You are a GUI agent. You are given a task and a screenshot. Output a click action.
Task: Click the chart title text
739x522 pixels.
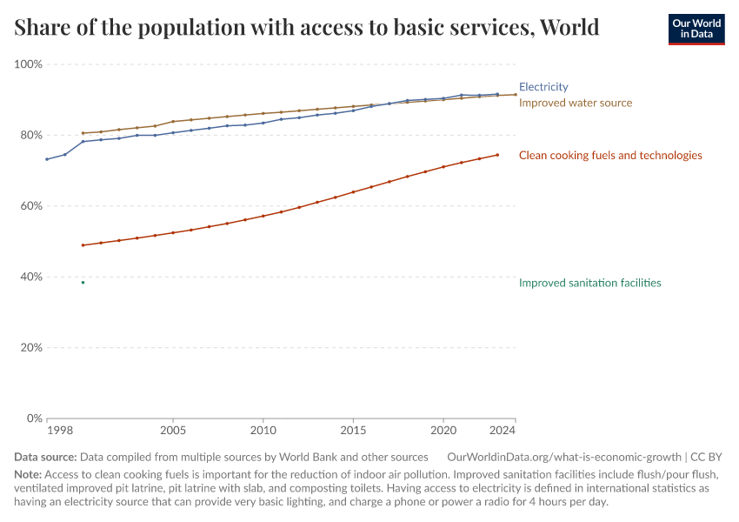tap(307, 28)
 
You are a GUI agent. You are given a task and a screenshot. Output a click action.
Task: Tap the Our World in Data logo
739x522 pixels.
tap(696, 29)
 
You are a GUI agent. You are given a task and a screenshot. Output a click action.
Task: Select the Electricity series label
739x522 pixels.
tap(543, 87)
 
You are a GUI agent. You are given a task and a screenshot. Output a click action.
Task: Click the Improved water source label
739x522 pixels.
tap(576, 103)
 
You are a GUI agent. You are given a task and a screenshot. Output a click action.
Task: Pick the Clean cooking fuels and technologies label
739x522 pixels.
tap(610, 156)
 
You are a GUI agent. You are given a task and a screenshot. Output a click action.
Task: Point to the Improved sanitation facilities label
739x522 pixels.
tap(589, 283)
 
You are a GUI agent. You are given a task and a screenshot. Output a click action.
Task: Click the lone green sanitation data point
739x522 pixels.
tap(83, 283)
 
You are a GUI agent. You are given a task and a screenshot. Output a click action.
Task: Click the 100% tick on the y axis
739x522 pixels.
tap(29, 64)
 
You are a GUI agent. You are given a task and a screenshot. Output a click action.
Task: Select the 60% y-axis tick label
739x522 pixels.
tap(31, 206)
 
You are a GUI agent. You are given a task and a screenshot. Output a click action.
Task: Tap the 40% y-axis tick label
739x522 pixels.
tap(31, 277)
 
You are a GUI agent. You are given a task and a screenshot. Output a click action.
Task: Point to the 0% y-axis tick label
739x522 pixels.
tap(35, 418)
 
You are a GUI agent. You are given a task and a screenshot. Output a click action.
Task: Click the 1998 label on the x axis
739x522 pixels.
tap(59, 431)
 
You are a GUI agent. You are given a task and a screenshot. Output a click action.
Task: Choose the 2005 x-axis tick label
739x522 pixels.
tap(173, 431)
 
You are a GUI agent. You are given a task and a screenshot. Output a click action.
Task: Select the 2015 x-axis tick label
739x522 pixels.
tap(353, 431)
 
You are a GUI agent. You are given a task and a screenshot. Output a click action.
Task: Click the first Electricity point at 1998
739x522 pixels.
tap(47, 159)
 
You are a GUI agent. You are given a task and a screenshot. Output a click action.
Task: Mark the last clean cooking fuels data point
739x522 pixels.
tap(497, 155)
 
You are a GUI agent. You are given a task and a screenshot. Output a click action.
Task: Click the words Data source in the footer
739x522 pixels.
tap(45, 457)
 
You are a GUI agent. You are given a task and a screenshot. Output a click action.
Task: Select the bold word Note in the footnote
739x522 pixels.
tap(28, 474)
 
